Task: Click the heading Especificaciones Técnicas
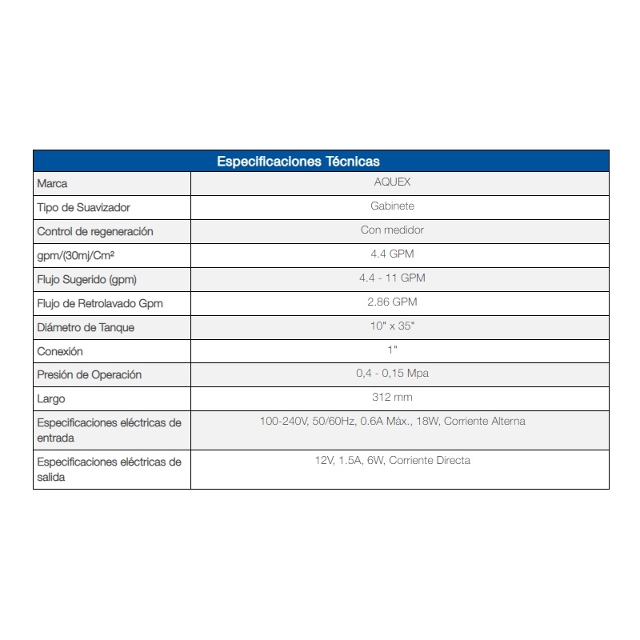point(298,162)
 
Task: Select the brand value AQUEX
point(392,182)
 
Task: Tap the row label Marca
point(53,184)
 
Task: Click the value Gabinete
point(392,206)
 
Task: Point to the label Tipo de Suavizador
point(83,208)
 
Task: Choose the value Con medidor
point(392,230)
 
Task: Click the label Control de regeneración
point(95,232)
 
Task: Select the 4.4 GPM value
point(392,254)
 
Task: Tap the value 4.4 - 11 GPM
point(392,278)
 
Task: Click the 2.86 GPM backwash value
point(392,302)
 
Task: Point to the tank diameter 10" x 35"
point(392,326)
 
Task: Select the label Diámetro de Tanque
point(86,328)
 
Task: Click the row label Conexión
point(60,352)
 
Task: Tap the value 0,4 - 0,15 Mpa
point(392,374)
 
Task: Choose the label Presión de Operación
point(89,375)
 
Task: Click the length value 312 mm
point(392,398)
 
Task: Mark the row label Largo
point(51,399)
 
